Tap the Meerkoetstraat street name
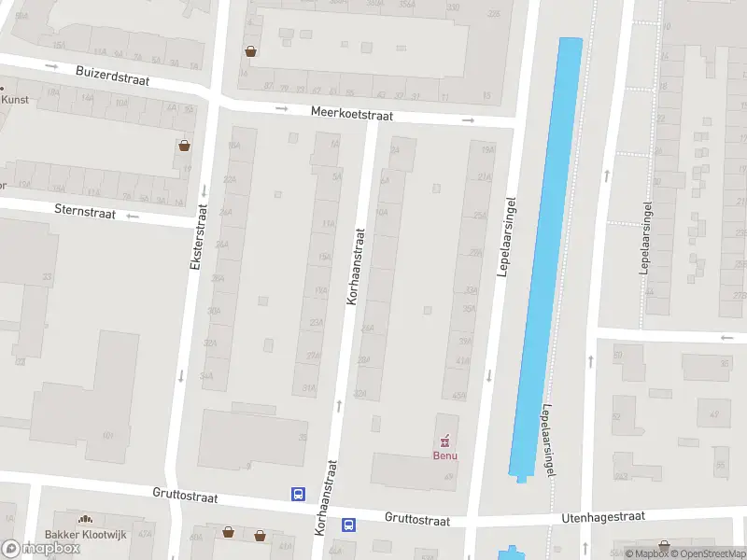[352, 116]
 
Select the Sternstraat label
[85, 213]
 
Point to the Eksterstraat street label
[196, 238]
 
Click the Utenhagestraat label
[603, 517]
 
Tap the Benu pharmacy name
[444, 455]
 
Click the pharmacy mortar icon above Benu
[444, 440]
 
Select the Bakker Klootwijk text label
[84, 536]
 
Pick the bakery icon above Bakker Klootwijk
[85, 519]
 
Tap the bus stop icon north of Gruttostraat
[299, 495]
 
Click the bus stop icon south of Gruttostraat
[348, 525]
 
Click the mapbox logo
[40, 548]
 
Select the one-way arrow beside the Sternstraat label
[132, 217]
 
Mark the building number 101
[107, 435]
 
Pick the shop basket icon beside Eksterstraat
[185, 146]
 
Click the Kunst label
[15, 100]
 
